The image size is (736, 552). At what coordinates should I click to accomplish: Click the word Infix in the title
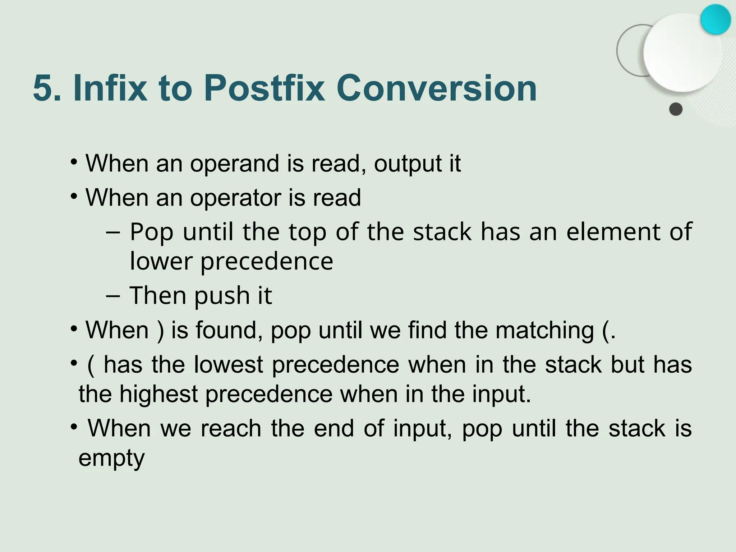[x=110, y=88]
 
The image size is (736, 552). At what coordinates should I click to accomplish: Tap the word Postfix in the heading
[x=264, y=88]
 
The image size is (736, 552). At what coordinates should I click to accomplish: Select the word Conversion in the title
[x=436, y=88]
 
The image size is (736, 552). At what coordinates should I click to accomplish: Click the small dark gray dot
[x=676, y=109]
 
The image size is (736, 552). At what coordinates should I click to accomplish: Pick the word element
[x=613, y=231]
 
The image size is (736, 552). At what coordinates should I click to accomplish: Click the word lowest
[x=229, y=365]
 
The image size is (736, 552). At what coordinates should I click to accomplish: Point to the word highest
[x=158, y=394]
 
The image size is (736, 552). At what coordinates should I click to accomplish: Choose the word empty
[x=111, y=459]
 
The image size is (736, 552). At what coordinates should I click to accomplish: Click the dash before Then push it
[x=113, y=295]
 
